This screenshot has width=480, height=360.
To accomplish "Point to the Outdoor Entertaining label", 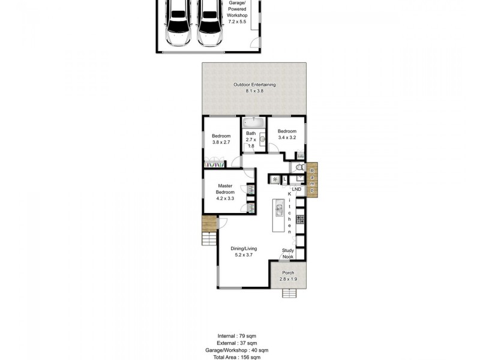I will [x=254, y=88].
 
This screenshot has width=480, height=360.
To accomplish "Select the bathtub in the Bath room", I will [x=250, y=122].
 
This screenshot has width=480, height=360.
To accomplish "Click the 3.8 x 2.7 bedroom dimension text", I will [x=221, y=143].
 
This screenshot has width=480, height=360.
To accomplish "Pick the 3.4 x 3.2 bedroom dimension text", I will [x=287, y=138].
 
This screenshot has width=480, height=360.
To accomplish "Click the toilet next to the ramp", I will [x=299, y=167].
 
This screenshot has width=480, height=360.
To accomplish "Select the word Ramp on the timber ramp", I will [x=312, y=181].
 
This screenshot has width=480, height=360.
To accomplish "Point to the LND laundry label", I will [x=296, y=190].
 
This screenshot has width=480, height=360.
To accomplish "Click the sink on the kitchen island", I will [x=278, y=209].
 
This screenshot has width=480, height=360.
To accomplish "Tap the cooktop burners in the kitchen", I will [x=300, y=219].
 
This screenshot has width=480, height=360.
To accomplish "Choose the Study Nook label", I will [x=288, y=254].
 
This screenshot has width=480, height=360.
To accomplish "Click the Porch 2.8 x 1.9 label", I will [x=289, y=276].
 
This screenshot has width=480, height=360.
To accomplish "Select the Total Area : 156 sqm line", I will [x=239, y=357].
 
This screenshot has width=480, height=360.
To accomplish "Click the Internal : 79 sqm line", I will [x=239, y=336].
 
